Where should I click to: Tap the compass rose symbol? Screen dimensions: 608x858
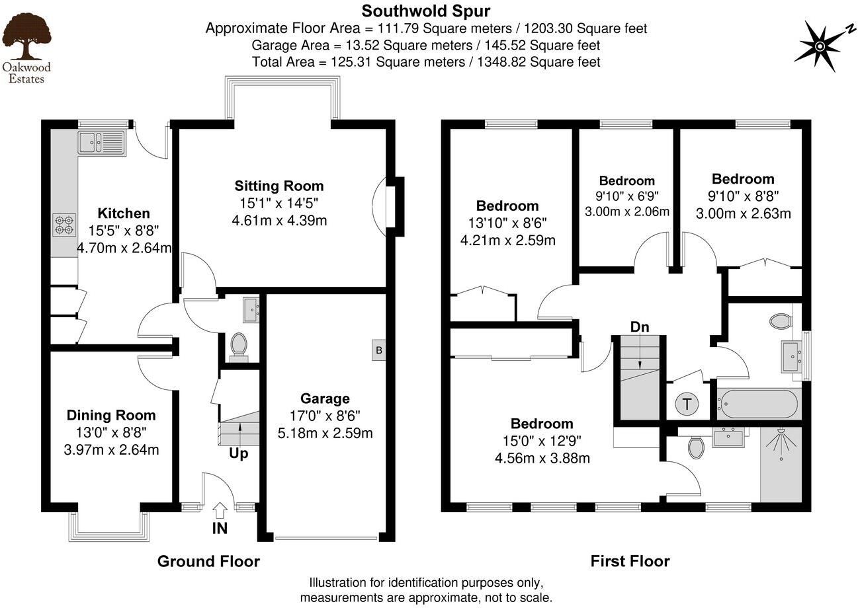[820, 45]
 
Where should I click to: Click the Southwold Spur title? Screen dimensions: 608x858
[425, 11]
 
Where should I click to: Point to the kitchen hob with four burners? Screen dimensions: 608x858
[64, 225]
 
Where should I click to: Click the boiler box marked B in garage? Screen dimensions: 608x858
[379, 350]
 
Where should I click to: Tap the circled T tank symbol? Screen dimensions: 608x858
[687, 404]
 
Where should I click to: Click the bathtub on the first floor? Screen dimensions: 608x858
[757, 403]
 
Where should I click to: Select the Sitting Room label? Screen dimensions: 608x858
[279, 186]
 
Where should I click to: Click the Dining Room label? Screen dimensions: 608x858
[111, 415]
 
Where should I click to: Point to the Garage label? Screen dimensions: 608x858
[325, 399]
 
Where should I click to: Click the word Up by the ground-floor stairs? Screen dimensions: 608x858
[239, 454]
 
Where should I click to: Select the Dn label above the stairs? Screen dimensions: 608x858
[640, 326]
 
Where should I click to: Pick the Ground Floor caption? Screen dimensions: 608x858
[208, 562]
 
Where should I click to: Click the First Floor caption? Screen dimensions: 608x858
[630, 562]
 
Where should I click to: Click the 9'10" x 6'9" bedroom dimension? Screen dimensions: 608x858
[626, 196]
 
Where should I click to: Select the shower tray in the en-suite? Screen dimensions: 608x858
[781, 464]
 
